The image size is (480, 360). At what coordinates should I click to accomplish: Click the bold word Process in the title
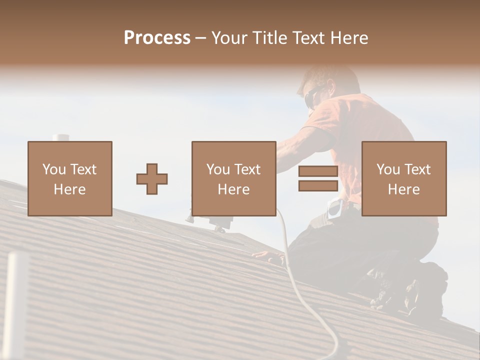coord(157,38)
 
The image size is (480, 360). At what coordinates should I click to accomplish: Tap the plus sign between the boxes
coord(152,179)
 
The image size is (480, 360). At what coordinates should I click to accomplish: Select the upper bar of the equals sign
coord(318,171)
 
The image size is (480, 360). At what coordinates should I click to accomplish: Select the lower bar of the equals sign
coord(318,186)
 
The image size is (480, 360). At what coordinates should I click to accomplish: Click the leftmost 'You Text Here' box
coord(70,178)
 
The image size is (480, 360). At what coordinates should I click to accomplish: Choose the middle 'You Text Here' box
coord(233,178)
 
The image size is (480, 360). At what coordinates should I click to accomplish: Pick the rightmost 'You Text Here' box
coord(403,178)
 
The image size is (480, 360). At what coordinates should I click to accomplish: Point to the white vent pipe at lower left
coord(17,305)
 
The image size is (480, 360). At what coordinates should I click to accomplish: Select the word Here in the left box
coord(70,189)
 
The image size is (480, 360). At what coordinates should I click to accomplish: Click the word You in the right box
coord(388,169)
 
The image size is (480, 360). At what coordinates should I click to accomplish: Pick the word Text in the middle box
coord(248,169)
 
